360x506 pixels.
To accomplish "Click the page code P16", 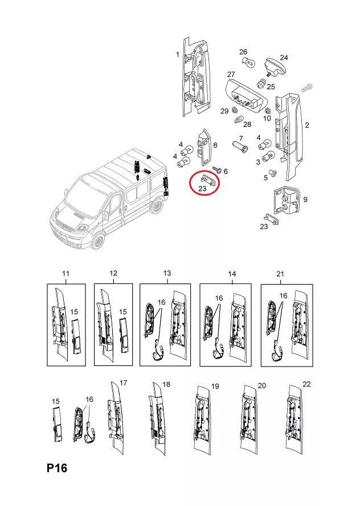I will pos(57,468).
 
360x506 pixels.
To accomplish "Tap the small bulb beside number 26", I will pos(246,63).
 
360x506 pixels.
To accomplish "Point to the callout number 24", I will pos(284,57).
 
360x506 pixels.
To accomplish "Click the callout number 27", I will pos(231,75).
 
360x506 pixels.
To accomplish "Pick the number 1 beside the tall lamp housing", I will pos(177,55).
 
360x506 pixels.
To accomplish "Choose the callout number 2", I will pos(307,125).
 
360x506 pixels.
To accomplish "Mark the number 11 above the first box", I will pos(66,274).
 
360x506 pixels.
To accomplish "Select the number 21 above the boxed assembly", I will pos(280,274).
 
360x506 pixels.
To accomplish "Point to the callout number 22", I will pos(306,385).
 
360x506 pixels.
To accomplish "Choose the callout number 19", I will pos(215,386).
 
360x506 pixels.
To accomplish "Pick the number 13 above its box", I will pos(167,274).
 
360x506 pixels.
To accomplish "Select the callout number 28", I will pos(247,124).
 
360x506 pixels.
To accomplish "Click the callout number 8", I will pos(215,145).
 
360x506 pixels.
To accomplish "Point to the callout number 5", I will pos(265,178).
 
